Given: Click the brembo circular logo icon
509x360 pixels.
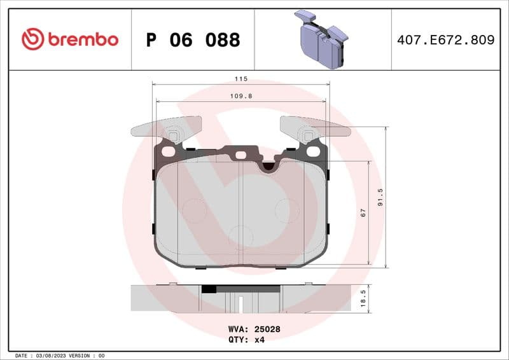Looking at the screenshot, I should (33, 39).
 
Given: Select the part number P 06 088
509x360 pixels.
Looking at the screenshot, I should (193, 40).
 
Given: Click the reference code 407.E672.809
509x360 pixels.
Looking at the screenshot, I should (445, 40).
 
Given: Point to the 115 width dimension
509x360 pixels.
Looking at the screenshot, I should (241, 79).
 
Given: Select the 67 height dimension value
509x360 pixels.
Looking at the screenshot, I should (363, 213).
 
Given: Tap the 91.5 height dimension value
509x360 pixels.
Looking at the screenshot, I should (380, 197).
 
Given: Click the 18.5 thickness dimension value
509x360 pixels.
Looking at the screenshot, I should (363, 298).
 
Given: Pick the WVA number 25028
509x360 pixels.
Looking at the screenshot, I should (268, 330).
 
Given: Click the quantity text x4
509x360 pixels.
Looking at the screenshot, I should (259, 340).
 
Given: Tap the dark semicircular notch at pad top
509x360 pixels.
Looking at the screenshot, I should (269, 166).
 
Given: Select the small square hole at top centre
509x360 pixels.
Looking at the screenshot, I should (241, 155).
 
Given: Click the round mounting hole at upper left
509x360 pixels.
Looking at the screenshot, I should (168, 152).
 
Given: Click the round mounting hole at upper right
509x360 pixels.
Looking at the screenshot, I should (312, 151).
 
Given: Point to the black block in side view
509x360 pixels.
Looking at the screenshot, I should (209, 288).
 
